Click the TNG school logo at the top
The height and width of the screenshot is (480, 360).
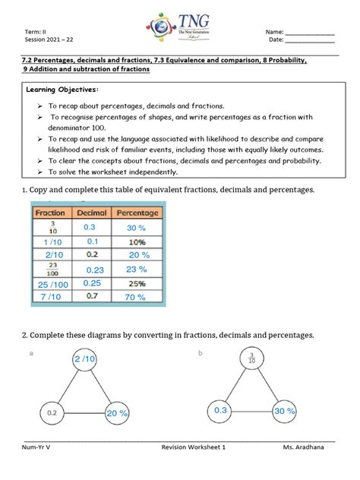point(180,28)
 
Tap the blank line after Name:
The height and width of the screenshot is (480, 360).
point(309,34)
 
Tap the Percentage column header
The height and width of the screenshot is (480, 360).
point(137,213)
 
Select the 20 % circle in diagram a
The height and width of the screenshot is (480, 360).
point(118,413)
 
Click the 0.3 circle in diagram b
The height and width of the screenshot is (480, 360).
point(220,411)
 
